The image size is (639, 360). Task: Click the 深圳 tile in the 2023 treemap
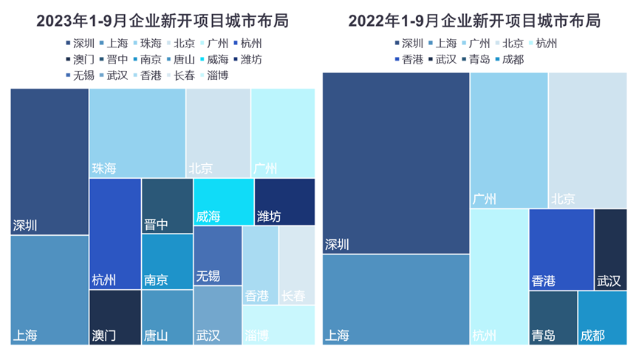(x=49, y=161)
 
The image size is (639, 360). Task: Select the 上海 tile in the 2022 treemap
(x=396, y=299)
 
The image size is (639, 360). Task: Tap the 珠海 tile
(x=137, y=133)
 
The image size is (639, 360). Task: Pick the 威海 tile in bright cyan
(x=223, y=202)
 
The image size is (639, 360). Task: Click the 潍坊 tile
(x=284, y=202)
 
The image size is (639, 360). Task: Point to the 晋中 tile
(x=166, y=206)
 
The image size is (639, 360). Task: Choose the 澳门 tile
(x=115, y=317)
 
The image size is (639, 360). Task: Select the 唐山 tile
(x=166, y=317)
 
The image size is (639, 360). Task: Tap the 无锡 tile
(x=217, y=255)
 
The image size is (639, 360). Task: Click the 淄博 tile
(x=279, y=325)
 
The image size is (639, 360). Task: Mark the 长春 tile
(x=297, y=265)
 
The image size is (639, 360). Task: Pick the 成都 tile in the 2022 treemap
(x=602, y=317)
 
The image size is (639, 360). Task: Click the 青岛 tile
(x=553, y=317)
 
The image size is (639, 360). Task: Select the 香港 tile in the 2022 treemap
(x=561, y=249)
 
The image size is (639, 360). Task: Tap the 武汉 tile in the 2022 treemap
(x=610, y=249)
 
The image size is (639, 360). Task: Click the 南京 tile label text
(x=156, y=280)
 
